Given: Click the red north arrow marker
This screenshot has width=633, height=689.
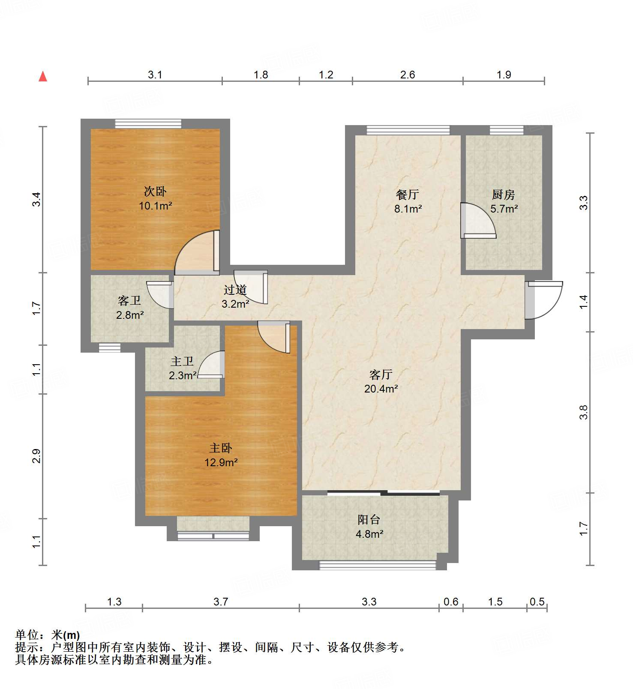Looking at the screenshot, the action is point(43,76).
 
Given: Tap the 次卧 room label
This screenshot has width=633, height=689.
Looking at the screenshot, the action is point(155,191).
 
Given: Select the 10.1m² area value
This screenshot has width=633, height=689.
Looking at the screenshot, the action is point(155,206).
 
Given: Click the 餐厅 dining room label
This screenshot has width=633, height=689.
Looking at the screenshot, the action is point(408,195).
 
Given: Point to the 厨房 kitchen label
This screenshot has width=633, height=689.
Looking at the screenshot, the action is point(504,195).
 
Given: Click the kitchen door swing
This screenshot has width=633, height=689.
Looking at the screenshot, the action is point(478,221).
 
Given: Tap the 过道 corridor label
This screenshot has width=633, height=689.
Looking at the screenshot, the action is point(235,290).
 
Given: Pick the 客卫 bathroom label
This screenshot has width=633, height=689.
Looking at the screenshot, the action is point(129,300).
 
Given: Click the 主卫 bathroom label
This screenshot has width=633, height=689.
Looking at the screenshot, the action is point(182,361).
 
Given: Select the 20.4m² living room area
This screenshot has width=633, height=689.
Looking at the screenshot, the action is point(381,389).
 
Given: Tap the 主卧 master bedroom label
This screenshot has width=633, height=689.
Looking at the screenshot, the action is point(221,448).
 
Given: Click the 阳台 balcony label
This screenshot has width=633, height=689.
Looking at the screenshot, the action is point(369,520).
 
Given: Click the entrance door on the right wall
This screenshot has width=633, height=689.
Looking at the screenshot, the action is point(543,300).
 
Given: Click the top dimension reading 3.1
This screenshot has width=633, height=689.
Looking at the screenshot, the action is point(155,75).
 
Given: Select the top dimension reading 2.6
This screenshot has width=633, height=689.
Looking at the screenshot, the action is point(408,75).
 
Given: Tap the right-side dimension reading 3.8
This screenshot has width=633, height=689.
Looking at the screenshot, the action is point(584,412).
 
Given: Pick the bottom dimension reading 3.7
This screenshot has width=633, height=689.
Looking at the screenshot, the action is point(221,602).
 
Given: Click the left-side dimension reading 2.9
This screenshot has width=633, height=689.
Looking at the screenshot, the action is point(37,456).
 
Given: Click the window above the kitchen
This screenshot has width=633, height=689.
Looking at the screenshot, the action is point(507,130).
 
